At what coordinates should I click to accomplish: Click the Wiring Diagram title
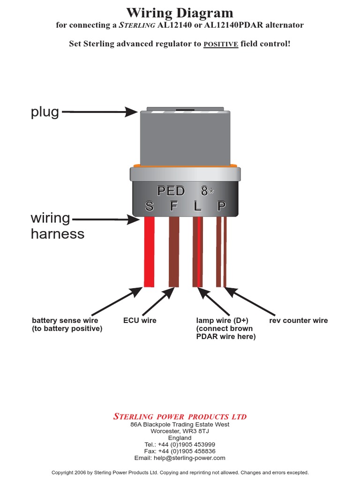click(180, 13)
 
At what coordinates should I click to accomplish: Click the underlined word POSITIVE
click(221, 44)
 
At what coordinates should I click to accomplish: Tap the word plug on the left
click(45, 112)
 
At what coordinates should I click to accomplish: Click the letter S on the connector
click(150, 206)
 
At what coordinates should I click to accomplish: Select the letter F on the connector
click(174, 206)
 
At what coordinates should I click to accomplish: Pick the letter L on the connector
click(198, 206)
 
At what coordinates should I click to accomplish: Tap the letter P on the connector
click(221, 206)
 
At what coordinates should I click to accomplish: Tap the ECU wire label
click(140, 321)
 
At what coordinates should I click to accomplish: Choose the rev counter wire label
click(299, 321)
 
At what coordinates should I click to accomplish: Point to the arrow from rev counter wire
click(250, 301)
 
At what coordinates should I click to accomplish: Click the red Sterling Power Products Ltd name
click(180, 417)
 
